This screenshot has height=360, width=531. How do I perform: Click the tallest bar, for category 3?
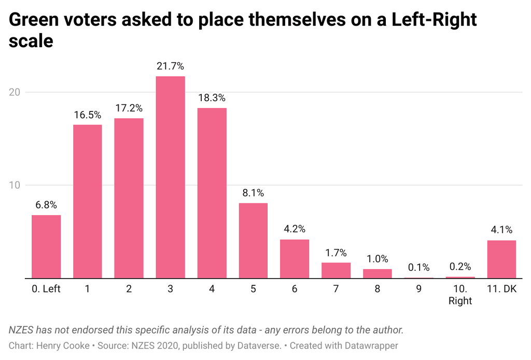point(170,177)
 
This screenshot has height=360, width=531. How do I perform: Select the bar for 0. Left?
point(46,246)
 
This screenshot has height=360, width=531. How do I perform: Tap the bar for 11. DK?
point(501,259)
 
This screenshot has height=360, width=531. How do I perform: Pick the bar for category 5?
point(253,241)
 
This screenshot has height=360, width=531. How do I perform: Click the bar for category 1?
point(87,201)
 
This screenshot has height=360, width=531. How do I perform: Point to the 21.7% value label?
point(170,66)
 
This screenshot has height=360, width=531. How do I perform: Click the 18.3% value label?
point(212,98)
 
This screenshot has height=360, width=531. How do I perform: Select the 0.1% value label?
point(419,268)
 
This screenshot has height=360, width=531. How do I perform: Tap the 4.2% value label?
point(295,229)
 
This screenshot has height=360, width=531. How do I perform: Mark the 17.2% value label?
point(129,108)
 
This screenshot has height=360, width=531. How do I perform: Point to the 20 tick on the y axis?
point(15,92)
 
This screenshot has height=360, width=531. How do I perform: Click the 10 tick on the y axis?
point(15,185)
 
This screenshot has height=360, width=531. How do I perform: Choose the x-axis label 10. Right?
point(460,295)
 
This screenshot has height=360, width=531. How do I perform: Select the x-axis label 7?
point(336,289)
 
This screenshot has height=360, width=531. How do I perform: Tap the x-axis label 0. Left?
point(46,289)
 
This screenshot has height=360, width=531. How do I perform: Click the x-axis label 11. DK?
point(502,289)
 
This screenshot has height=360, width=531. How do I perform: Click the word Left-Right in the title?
point(434,20)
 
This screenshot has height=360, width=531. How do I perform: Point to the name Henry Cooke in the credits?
point(63,346)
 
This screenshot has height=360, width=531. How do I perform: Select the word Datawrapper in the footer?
point(371,346)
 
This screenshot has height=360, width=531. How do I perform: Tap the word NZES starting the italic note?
point(21,330)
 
